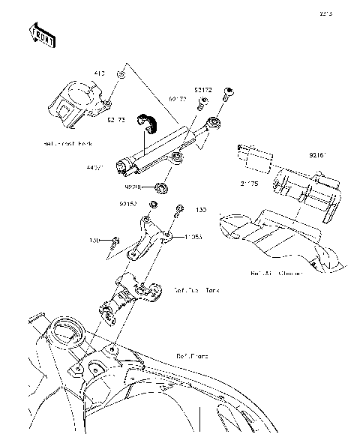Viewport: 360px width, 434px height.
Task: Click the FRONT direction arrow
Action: click(x=42, y=34)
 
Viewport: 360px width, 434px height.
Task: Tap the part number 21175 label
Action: click(x=250, y=182)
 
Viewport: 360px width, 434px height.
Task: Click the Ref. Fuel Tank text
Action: click(x=198, y=289)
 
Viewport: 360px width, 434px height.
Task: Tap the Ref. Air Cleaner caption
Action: click(x=277, y=274)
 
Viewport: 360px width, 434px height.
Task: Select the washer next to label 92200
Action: click(x=160, y=186)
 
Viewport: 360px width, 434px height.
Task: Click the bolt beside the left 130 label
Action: click(x=115, y=241)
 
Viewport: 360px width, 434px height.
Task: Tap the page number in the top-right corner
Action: click(x=324, y=13)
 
